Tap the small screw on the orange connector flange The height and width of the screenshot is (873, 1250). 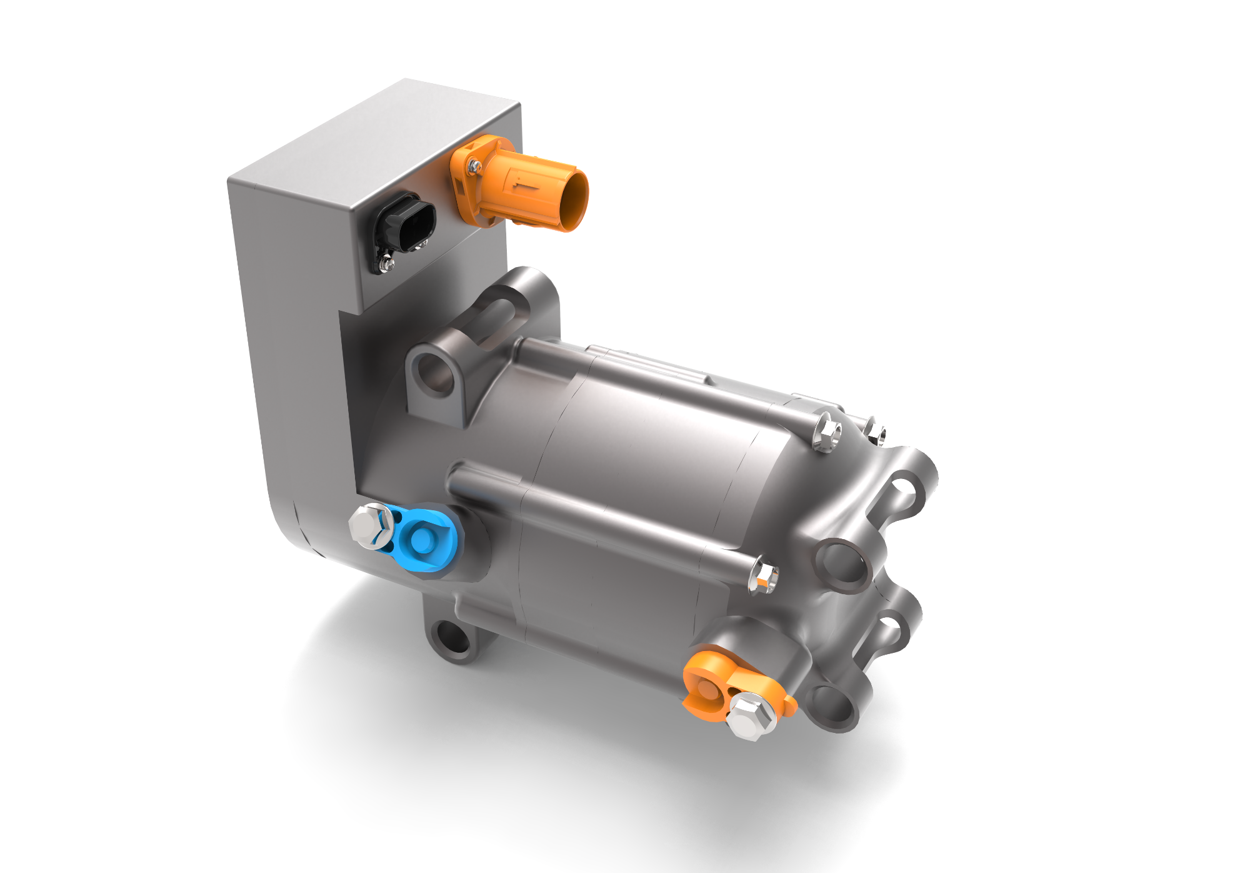click(x=475, y=166)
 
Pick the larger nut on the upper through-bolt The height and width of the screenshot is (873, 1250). click(x=827, y=431)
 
